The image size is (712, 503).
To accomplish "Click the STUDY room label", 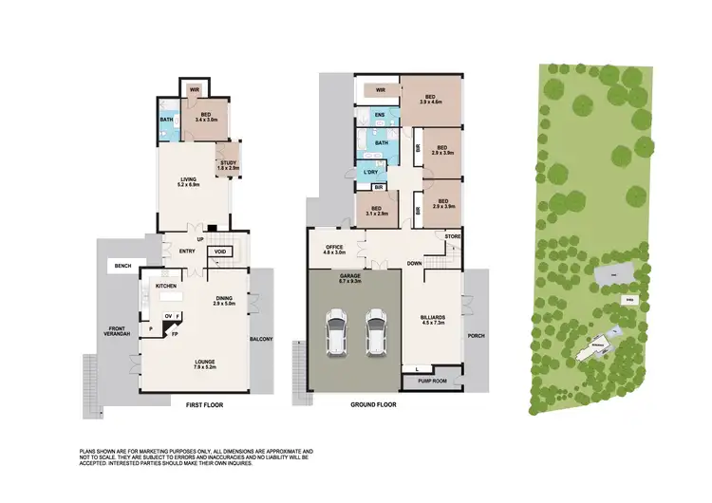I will pyautogui.click(x=228, y=165).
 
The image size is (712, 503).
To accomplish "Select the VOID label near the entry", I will pyautogui.click(x=219, y=251).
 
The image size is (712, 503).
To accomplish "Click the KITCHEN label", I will pyautogui.click(x=167, y=285).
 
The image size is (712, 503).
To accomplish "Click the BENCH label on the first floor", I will pyautogui.click(x=122, y=267).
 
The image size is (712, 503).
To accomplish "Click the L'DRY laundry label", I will pyautogui.click(x=370, y=172).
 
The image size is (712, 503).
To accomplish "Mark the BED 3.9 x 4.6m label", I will pyautogui.click(x=429, y=101).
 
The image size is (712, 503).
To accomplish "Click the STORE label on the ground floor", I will pyautogui.click(x=452, y=235).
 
